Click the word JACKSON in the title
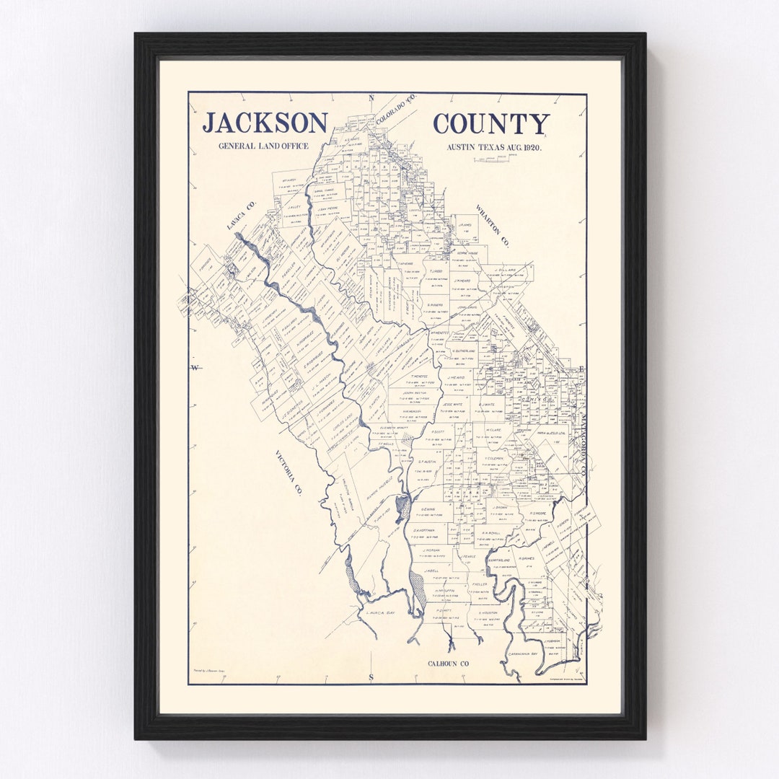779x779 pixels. pos(265,123)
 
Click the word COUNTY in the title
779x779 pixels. pos(490,124)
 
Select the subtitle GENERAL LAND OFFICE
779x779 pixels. pos(264,146)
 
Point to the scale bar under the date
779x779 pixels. pos(497,158)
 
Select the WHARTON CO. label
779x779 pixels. pos(492,226)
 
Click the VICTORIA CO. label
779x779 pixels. pos(288,472)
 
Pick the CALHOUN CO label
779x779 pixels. pos(448,664)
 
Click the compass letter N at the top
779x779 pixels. pos(371,98)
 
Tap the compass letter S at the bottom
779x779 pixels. pos(371,677)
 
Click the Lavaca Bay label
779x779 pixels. pos(381,612)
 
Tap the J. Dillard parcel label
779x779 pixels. pos(507,270)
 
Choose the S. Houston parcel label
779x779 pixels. pos(488,612)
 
